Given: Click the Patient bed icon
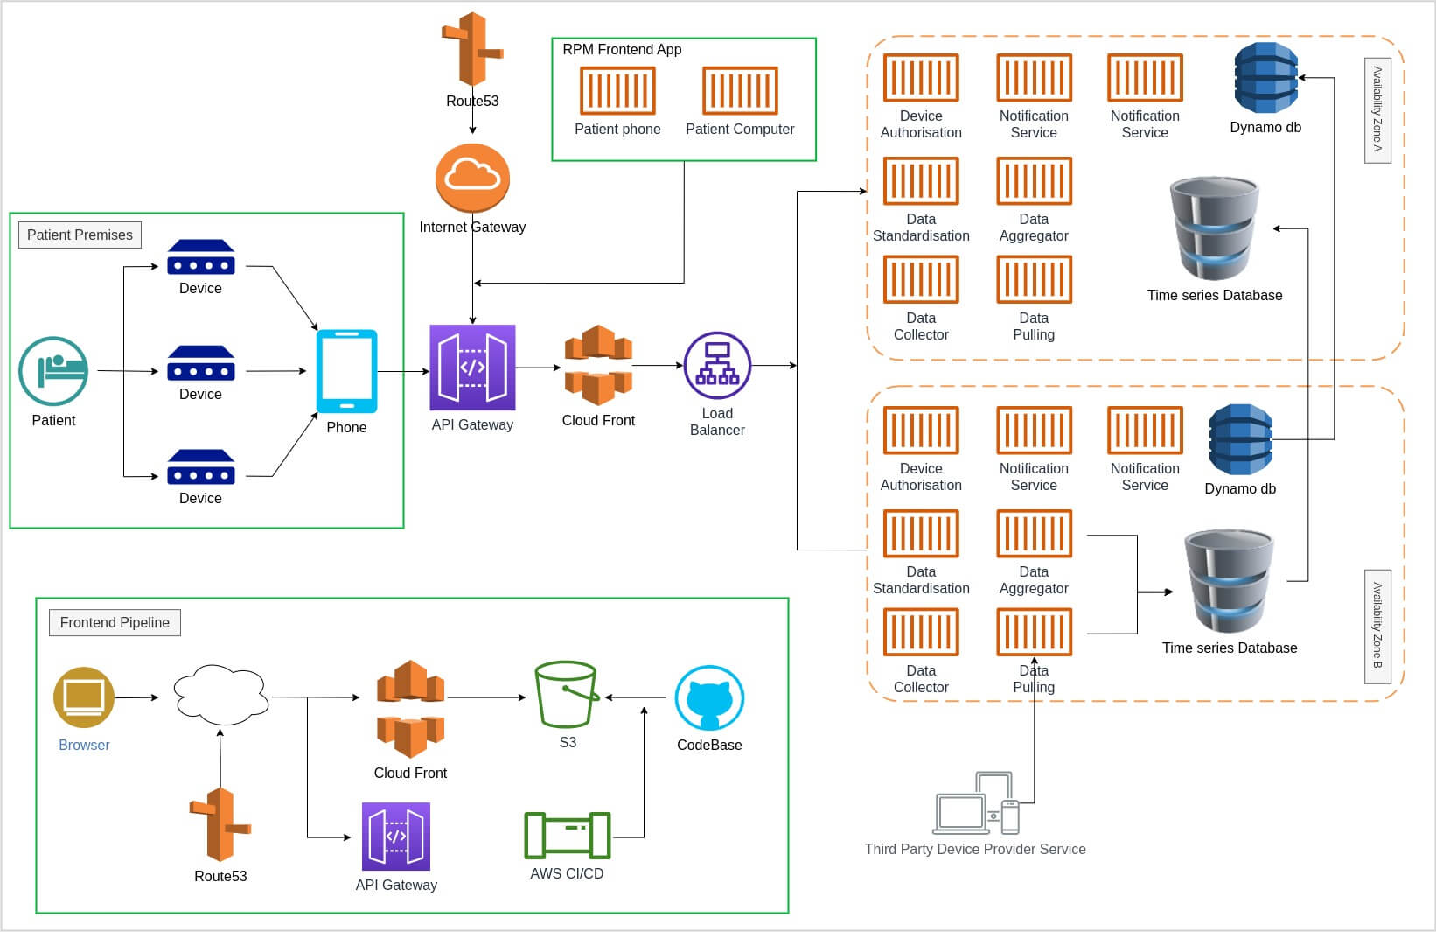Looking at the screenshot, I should pos(53,371).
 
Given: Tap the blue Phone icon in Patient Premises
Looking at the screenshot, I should pos(346,371).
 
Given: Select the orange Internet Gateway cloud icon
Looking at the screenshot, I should pos(472,179).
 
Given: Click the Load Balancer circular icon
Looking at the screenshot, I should pos(717,365).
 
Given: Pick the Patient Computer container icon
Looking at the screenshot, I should pos(740,90).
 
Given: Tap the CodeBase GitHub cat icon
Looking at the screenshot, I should pos(709,697).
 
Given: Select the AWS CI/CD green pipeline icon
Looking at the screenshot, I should pos(567,836).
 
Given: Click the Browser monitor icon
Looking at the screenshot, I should pos(84,697).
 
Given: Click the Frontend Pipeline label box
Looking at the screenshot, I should pos(115,622).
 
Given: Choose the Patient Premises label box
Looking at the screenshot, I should pos(80,235).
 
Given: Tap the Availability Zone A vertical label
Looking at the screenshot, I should pos(1377,110).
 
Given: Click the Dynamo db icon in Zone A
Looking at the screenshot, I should pos(1265,78).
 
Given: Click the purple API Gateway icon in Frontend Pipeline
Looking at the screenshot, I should pos(396,837).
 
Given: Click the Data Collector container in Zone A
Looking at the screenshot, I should pos(921,279).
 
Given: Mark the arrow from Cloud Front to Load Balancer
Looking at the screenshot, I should pos(657,366).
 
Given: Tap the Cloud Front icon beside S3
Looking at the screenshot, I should pos(410,709).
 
